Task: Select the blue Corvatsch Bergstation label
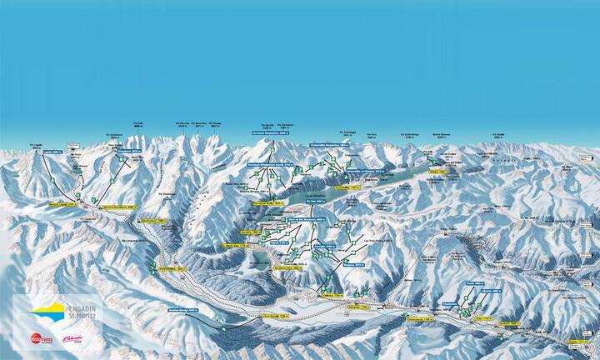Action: (273, 132)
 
